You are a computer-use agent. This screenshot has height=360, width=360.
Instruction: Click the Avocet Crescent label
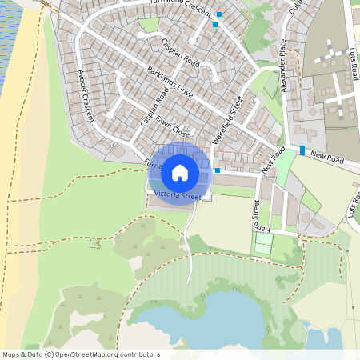(86, 94)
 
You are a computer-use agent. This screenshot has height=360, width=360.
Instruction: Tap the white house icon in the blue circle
(180, 172)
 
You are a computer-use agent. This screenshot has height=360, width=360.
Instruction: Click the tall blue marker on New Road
(302, 150)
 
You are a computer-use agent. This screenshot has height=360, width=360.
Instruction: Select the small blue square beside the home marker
(218, 170)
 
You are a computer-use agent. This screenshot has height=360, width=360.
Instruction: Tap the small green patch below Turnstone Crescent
(149, 25)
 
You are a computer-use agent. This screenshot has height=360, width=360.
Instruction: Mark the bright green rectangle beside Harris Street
(262, 243)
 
